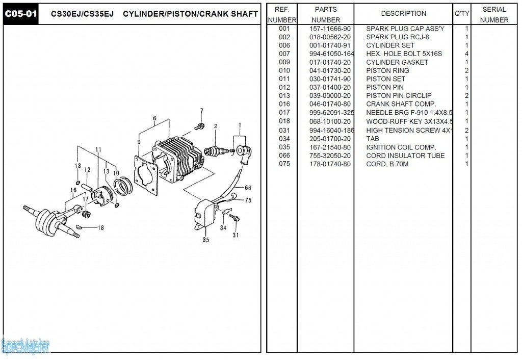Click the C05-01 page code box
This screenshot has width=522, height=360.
point(21,14)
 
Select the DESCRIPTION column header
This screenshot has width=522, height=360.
point(403,14)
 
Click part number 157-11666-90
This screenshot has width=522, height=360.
point(330,29)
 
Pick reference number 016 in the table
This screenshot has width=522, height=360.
point(284,104)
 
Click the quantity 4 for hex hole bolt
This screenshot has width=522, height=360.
point(466,54)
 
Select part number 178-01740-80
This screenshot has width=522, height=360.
point(330,164)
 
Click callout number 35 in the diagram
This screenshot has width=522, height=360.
point(205,240)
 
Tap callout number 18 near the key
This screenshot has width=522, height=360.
point(100,228)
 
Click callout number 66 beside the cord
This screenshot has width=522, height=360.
point(248,188)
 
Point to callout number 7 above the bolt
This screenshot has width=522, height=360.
point(201,111)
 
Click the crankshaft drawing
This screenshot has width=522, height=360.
point(51,216)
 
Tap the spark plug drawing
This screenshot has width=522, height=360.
point(215,151)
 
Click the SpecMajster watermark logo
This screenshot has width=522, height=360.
point(25,347)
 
